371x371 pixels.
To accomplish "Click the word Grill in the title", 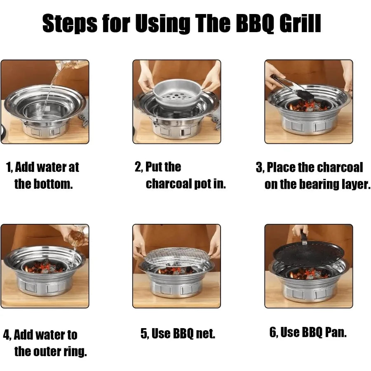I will point(301,23).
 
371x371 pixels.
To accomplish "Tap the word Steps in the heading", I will point(69,23).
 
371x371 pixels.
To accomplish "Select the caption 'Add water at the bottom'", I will point(43,175).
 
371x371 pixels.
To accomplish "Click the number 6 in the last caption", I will point(273,333).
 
